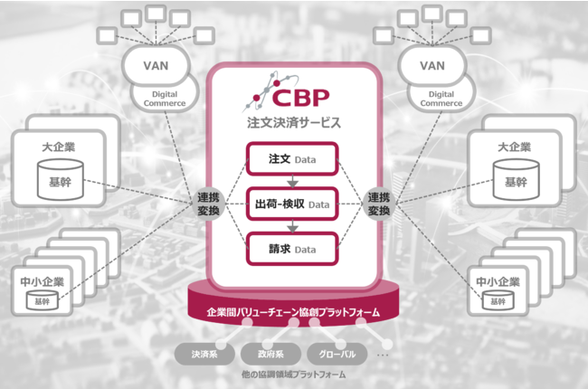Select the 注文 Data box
click(x=292, y=160)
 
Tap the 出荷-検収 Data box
click(x=292, y=204)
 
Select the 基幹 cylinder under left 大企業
click(x=61, y=176)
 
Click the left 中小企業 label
click(x=42, y=280)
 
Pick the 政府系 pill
click(x=267, y=355)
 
